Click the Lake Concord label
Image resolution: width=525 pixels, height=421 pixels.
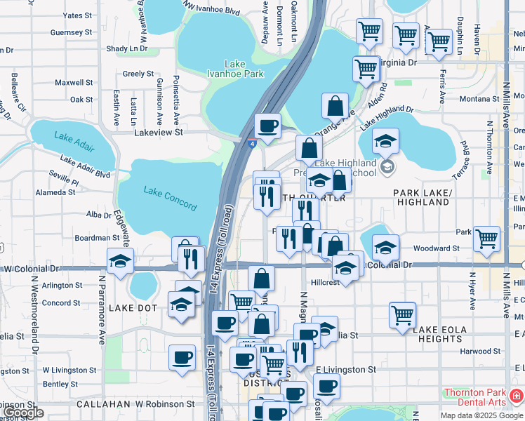170,199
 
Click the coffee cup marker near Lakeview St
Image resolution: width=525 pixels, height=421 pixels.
267,126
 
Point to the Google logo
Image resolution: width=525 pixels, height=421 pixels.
23,413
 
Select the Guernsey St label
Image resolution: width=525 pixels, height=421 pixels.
71,32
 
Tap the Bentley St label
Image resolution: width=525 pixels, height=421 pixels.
55,384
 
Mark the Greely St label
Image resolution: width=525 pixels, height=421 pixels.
138,74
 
